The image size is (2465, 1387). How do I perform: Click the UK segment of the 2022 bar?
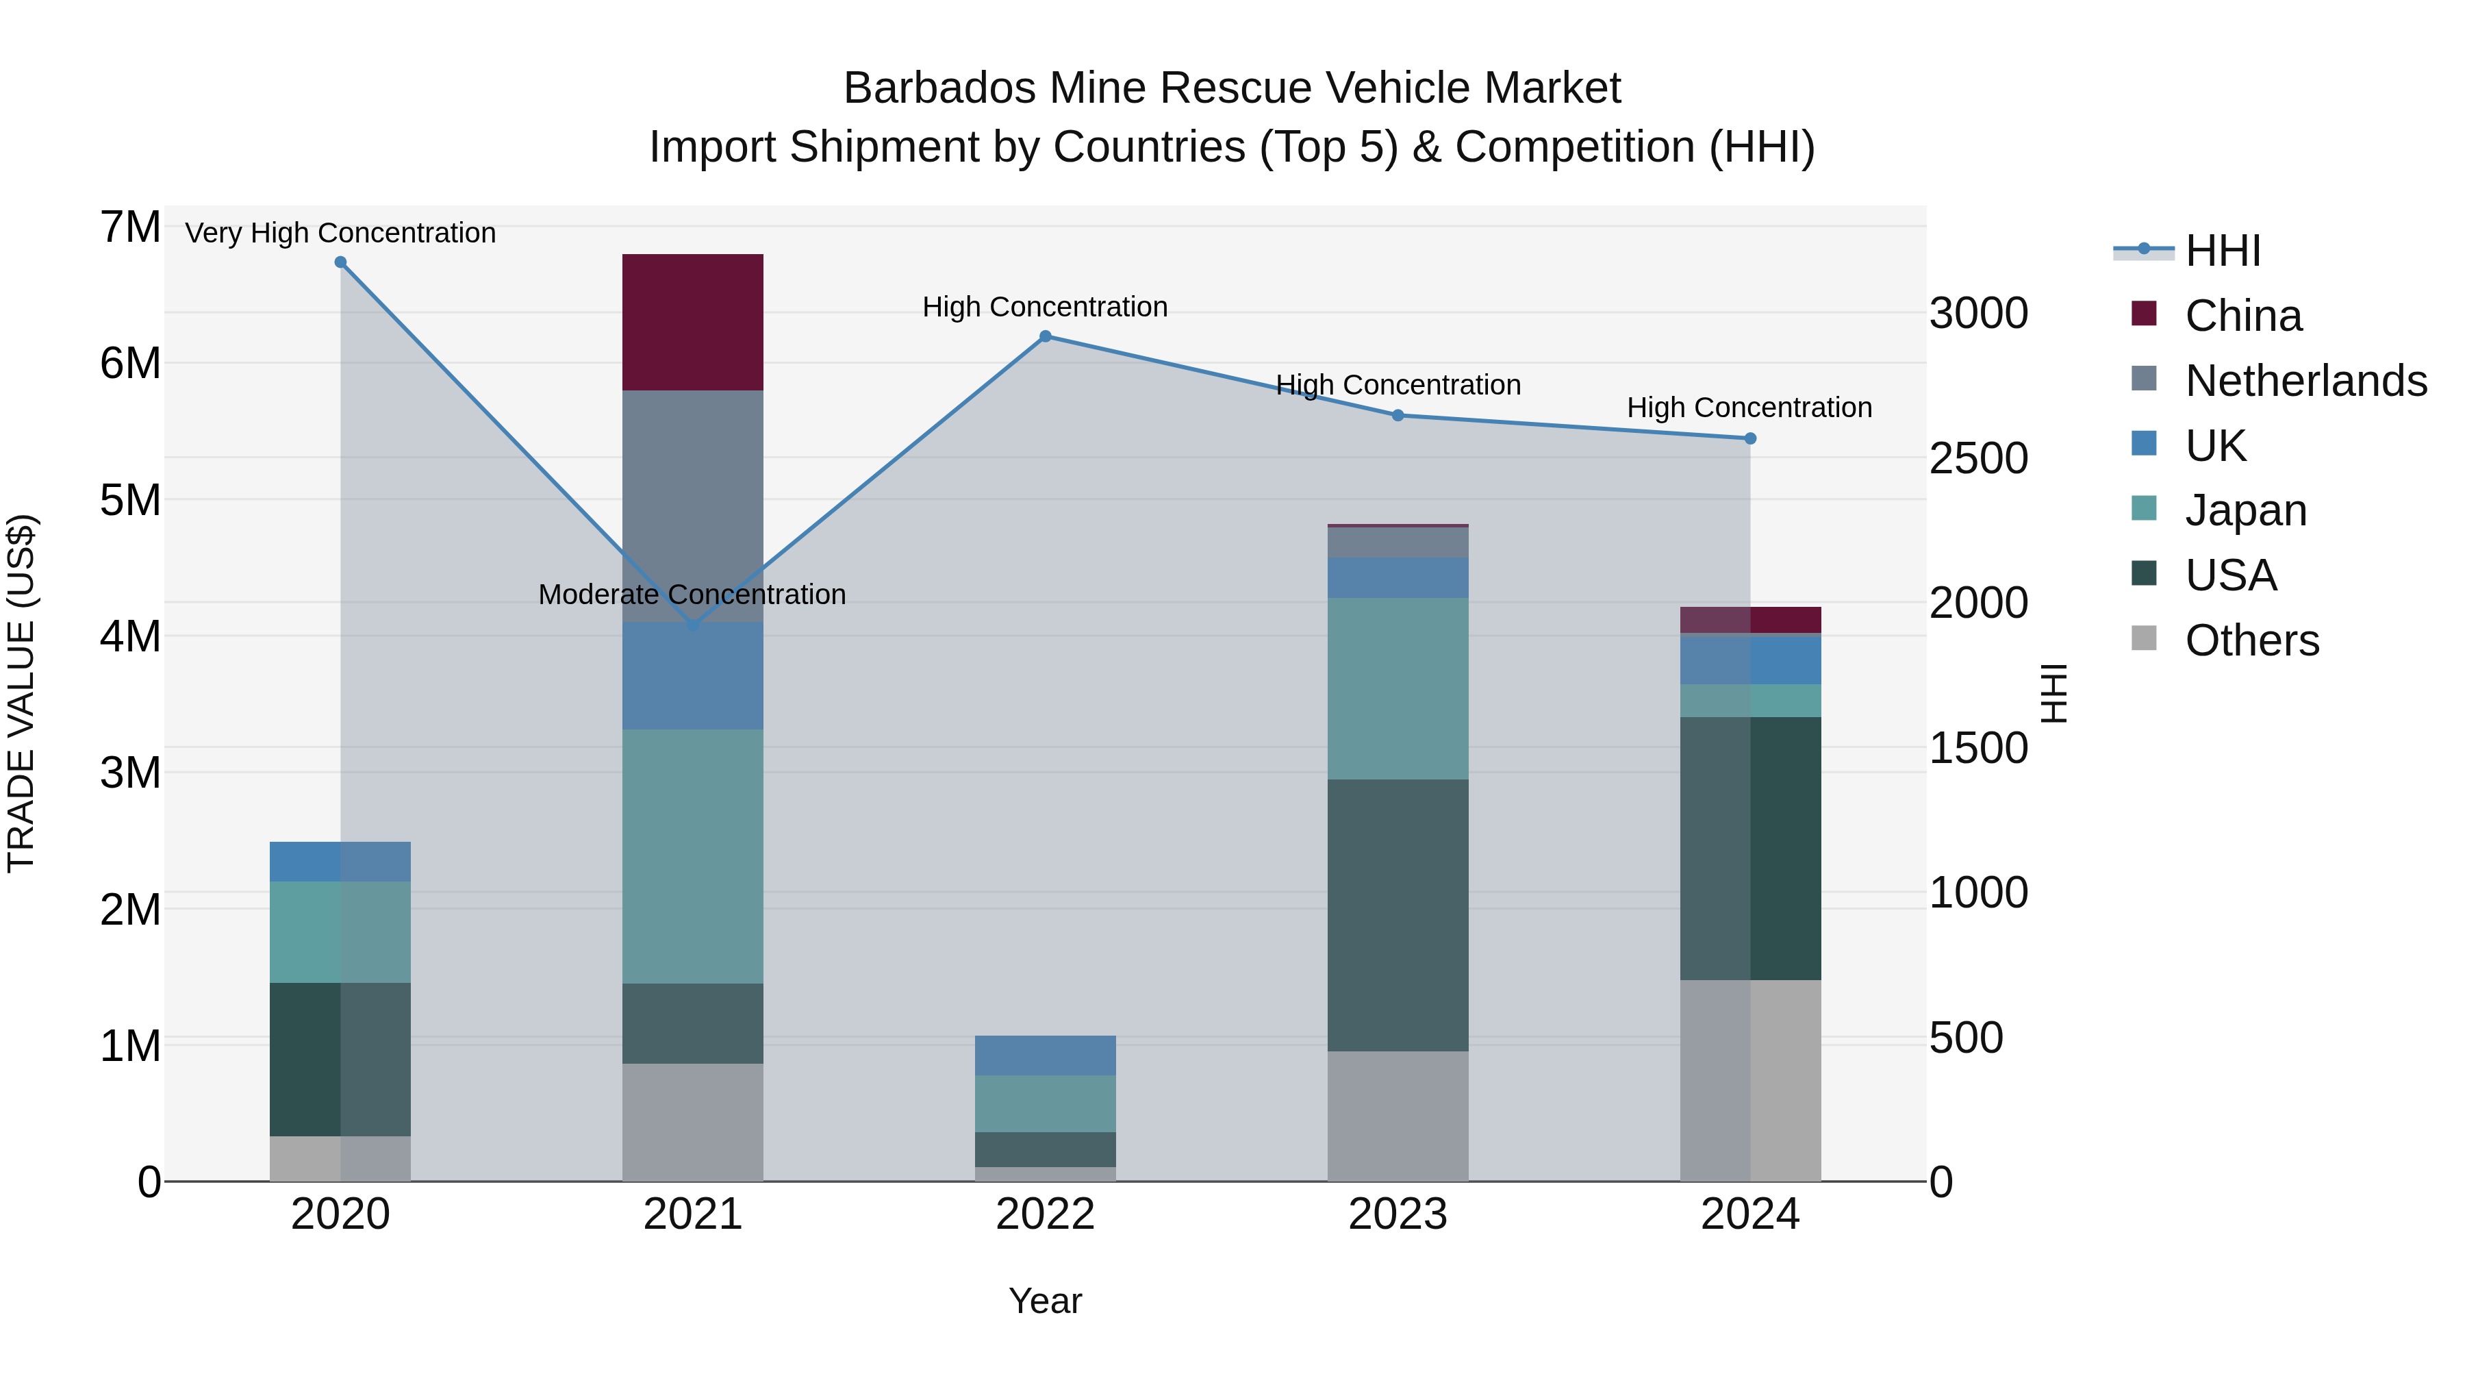[x=1045, y=1055]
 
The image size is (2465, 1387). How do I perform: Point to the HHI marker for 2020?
[x=341, y=262]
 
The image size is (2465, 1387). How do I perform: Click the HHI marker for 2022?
[x=1045, y=336]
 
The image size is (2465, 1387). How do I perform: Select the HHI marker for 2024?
[x=1750, y=438]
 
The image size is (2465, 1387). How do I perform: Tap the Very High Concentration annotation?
[x=341, y=234]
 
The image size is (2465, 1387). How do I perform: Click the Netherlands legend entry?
[x=2305, y=381]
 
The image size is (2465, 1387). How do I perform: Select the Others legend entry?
[x=2251, y=640]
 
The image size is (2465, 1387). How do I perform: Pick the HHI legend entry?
[x=2222, y=251]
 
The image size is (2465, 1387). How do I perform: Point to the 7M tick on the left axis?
[x=130, y=228]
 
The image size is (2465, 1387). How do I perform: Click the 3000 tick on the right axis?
[x=1978, y=314]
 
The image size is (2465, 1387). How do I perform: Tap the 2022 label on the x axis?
[x=1045, y=1214]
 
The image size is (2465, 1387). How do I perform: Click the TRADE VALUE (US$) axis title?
[x=21, y=693]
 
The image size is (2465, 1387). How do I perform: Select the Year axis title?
[x=1045, y=1301]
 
